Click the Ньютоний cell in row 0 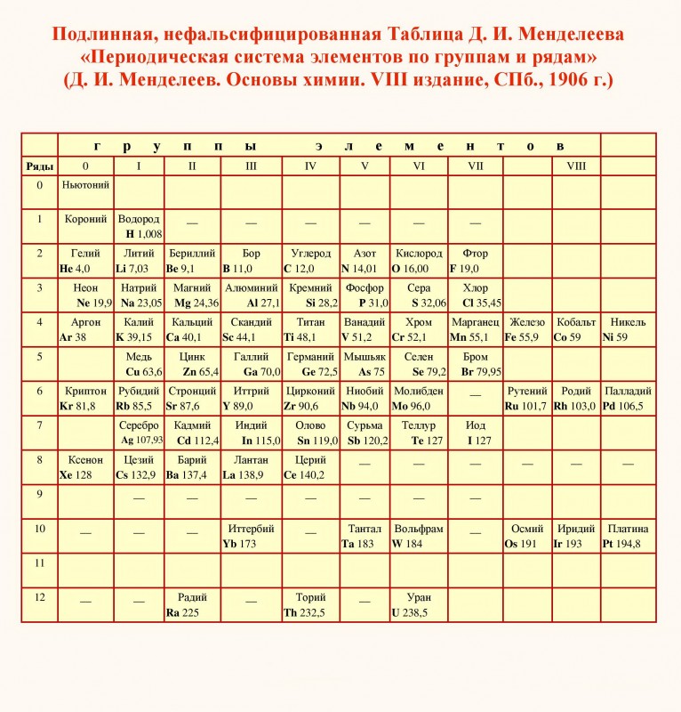pyautogui.click(x=85, y=191)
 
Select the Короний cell pyautogui.click(x=85, y=226)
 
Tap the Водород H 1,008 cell pyautogui.click(x=139, y=226)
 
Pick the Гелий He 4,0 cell pyautogui.click(x=85, y=261)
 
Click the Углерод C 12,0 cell pyautogui.click(x=310, y=261)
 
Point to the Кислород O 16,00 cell pyautogui.click(x=418, y=261)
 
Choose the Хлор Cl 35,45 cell pyautogui.click(x=475, y=295)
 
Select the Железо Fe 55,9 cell pyautogui.click(x=526, y=329)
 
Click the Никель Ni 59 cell pyautogui.click(x=628, y=329)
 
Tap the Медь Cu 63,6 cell pyautogui.click(x=139, y=364)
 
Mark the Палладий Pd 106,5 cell pyautogui.click(x=628, y=399)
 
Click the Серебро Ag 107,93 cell pyautogui.click(x=139, y=433)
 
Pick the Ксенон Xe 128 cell pyautogui.click(x=85, y=467)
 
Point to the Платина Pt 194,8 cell pyautogui.click(x=628, y=536)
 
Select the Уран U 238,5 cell pyautogui.click(x=418, y=605)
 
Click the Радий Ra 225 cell pyautogui.click(x=192, y=605)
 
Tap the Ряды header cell pyautogui.click(x=39, y=166)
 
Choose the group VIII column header pyautogui.click(x=576, y=166)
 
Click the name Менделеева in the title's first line pyautogui.click(x=565, y=35)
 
